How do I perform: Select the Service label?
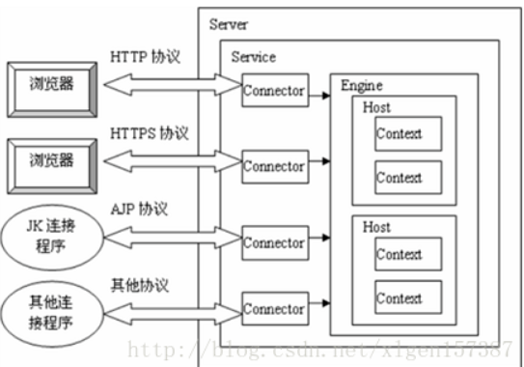point(254,57)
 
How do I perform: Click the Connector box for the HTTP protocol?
point(273,93)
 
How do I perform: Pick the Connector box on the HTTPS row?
point(273,166)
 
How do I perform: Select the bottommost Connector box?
point(273,309)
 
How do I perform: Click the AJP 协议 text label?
point(141,207)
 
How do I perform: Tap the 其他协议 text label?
point(141,285)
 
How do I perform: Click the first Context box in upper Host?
point(400,134)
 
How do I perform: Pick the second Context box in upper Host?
point(400,178)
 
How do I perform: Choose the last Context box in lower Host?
point(400,298)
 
